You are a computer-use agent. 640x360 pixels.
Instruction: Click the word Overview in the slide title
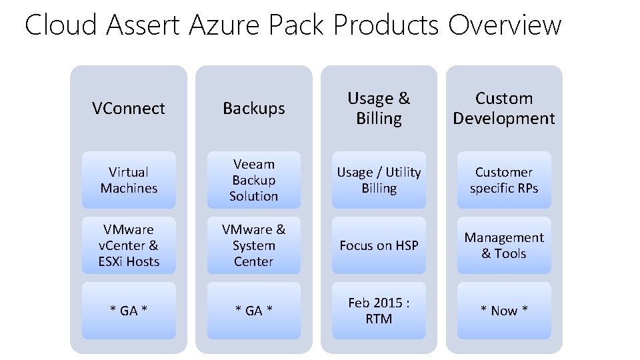tap(505, 25)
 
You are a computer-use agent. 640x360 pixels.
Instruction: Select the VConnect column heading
tap(129, 109)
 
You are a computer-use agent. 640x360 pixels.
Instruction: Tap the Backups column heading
tap(253, 109)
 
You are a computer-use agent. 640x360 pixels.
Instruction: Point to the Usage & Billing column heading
tap(379, 109)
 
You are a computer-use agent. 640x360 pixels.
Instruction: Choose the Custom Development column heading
tap(504, 109)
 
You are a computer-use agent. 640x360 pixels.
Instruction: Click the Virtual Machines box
tap(129, 180)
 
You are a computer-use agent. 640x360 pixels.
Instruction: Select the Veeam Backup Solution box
tap(253, 180)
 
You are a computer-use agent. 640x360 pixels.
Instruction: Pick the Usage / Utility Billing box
tap(379, 180)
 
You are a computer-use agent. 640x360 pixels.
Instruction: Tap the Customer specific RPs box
tap(504, 180)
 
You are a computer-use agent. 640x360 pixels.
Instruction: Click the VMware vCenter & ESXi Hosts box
tap(129, 245)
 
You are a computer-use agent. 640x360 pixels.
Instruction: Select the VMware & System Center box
tap(253, 245)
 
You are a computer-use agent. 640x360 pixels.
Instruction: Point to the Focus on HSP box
tap(379, 245)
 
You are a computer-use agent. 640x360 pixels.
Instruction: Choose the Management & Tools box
tap(504, 245)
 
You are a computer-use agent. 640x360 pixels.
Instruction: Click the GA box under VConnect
tap(129, 311)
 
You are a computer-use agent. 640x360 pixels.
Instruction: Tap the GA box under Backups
tap(253, 311)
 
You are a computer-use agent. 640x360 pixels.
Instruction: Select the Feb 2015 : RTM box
tap(379, 311)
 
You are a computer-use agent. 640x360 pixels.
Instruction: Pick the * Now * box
tap(504, 311)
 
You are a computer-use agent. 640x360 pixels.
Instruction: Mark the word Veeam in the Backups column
tap(253, 164)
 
